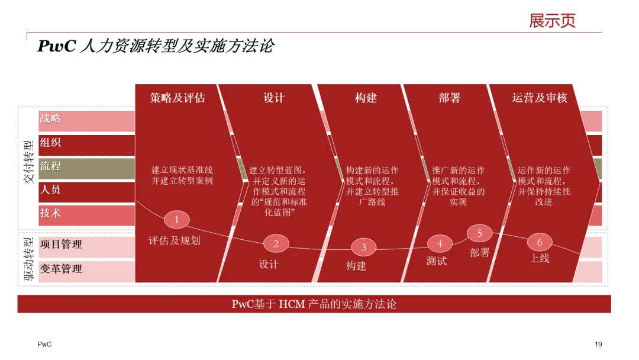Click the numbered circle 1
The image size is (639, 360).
176,220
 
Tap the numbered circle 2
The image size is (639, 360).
276,243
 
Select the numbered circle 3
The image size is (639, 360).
364,247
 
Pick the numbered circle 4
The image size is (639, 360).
440,243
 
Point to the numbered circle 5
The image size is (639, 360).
480,233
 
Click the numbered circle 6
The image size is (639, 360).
540,242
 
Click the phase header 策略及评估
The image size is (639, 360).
177,98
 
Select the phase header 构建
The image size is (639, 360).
366,98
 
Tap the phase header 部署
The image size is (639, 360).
450,98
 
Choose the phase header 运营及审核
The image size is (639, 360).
540,98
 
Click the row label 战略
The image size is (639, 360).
50,119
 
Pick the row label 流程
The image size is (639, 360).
50,166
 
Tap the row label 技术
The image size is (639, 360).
50,213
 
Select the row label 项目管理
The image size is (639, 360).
61,245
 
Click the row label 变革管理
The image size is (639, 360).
61,269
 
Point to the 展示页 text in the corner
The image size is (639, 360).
552,21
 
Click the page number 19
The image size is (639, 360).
598,345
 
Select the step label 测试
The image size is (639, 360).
437,261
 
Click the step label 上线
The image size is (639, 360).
540,258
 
